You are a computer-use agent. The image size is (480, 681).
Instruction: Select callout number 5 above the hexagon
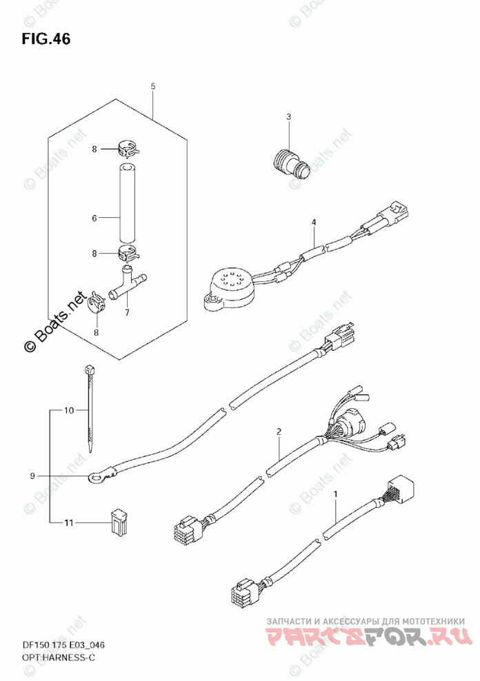point(152,86)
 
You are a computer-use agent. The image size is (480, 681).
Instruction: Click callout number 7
point(127,312)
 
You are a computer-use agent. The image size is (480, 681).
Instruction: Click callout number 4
point(313,223)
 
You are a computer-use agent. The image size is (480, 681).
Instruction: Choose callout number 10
point(68,411)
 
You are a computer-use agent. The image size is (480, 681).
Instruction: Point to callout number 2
point(279,432)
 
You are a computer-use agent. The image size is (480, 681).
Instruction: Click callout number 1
point(335,494)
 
